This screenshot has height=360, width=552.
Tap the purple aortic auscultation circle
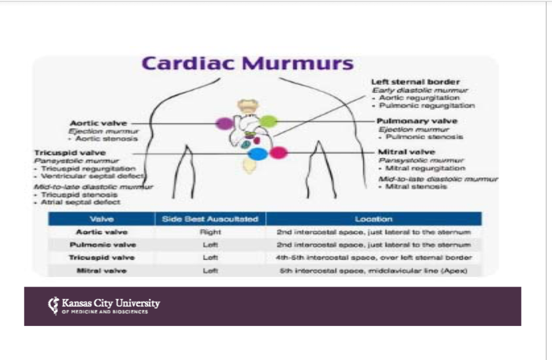pos(224,123)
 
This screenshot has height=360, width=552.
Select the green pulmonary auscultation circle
pos(268,122)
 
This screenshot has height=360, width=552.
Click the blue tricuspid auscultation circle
pos(258,153)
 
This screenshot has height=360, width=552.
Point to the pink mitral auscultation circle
pos(279,153)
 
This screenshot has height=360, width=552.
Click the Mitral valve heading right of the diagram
pos(406,151)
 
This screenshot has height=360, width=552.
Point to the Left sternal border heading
pos(415,82)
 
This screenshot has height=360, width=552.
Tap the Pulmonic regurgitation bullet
pos(426,106)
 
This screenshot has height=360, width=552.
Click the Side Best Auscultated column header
pos(210,219)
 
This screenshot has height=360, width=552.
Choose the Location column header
pos(374,219)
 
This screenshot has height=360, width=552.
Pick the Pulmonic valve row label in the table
pos(102,245)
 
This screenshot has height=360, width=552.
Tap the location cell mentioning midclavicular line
pos(374,270)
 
